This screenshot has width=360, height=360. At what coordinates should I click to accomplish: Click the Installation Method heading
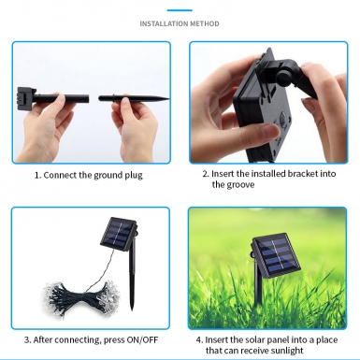point(180,23)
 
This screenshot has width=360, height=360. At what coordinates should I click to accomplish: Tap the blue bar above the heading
point(180,10)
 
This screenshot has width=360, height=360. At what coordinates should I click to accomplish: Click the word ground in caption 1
point(108,176)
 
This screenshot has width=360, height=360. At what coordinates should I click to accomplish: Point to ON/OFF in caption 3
point(142,339)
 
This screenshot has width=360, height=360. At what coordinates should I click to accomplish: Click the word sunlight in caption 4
point(287,351)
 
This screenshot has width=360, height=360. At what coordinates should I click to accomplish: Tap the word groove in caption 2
point(239,185)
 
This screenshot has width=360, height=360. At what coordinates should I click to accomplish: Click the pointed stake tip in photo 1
point(168,99)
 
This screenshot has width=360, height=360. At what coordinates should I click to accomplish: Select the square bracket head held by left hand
point(23,96)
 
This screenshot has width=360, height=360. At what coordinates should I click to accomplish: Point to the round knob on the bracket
point(282,76)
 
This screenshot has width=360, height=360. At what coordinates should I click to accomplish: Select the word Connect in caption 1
point(60,175)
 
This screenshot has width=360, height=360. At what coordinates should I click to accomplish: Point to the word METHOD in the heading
point(205,23)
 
